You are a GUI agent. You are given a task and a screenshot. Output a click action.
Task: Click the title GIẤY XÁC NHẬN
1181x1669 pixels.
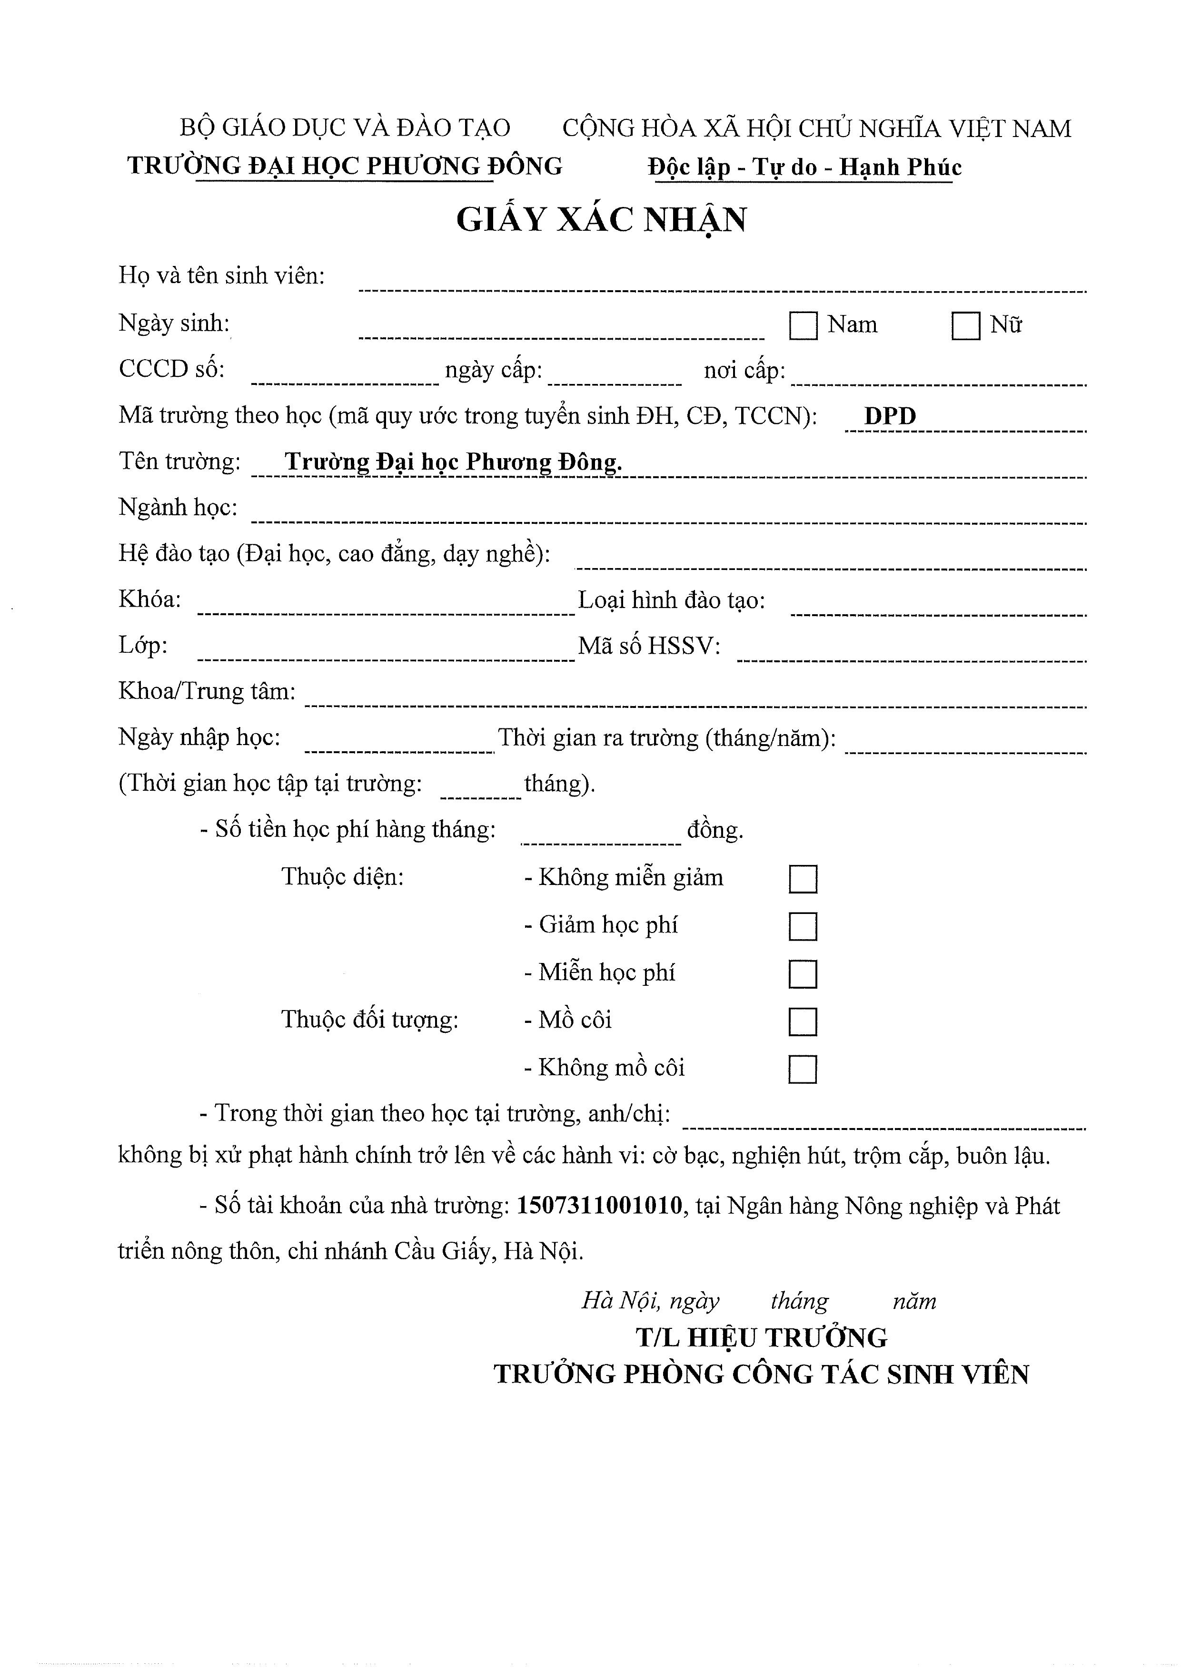coord(601,219)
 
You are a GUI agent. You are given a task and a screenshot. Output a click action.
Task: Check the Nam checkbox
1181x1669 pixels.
coord(803,325)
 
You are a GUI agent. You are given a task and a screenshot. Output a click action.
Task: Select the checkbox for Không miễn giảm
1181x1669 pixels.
coord(803,879)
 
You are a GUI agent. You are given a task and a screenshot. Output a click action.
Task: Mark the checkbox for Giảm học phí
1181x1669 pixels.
coord(803,927)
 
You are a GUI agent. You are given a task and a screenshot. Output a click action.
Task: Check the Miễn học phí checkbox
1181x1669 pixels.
coord(803,974)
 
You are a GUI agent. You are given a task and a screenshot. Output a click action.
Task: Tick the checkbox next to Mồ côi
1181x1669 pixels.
coord(803,1021)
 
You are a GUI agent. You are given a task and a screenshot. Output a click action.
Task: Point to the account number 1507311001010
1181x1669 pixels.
coord(599,1206)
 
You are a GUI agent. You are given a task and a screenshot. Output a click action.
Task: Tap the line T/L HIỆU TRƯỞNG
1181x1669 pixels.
coord(762,1337)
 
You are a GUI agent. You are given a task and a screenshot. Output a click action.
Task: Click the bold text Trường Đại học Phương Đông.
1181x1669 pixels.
coord(453,462)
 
